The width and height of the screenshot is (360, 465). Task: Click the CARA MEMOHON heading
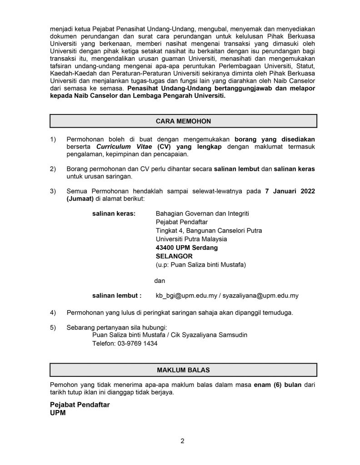click(183, 121)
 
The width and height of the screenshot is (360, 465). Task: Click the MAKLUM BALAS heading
click(183, 370)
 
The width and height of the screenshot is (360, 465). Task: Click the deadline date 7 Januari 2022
click(290, 191)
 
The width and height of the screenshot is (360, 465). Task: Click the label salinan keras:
click(114, 213)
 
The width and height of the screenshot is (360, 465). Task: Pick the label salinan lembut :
click(117, 295)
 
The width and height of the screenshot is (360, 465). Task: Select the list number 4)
click(53, 313)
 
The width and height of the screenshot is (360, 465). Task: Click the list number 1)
click(53, 139)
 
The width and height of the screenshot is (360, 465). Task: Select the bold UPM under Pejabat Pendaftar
click(58, 413)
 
